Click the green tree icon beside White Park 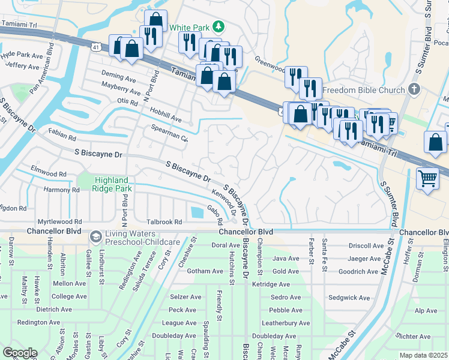[219, 28]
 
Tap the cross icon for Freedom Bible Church [414, 90]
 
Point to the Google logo [19, 353]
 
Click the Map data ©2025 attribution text [423, 355]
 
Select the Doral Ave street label [226, 245]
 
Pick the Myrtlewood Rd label [59, 222]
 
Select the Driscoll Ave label [366, 246]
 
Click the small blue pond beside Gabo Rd [196, 212]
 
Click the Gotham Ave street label [188, 271]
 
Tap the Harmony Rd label [61, 190]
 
